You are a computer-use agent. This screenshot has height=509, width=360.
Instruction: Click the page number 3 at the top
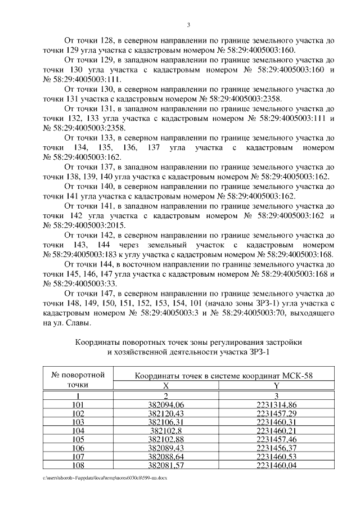pyautogui.click(x=189, y=25)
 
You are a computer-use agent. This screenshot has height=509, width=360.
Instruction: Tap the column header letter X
pyautogui.click(x=166, y=386)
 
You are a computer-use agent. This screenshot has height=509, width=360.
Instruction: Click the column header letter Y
pyautogui.click(x=276, y=386)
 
